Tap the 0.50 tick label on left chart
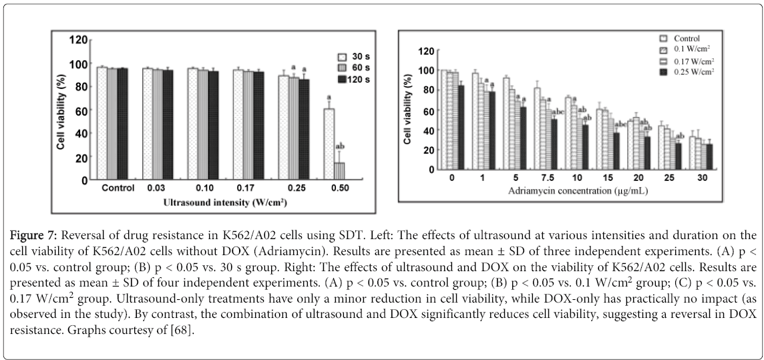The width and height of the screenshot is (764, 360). tap(335, 188)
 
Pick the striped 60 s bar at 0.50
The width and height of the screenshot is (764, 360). tap(339, 171)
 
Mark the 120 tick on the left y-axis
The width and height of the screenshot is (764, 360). tap(79, 40)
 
